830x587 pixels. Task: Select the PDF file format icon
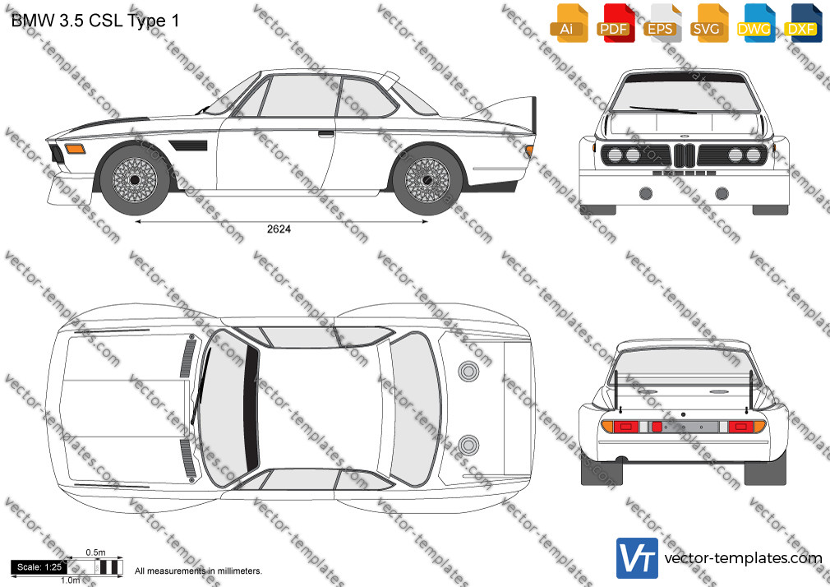click(x=616, y=23)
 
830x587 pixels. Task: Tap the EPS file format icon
click(x=662, y=23)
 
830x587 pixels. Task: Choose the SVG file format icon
click(x=708, y=23)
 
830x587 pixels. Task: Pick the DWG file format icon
click(x=755, y=23)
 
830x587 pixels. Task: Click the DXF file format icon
click(x=803, y=23)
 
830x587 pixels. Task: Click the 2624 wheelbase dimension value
click(x=279, y=229)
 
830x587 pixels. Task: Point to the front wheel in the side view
click(x=135, y=179)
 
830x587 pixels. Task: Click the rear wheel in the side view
click(x=427, y=179)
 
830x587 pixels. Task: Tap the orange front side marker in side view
click(x=75, y=148)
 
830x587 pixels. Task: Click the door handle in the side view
click(x=326, y=133)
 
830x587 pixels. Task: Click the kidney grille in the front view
click(x=684, y=155)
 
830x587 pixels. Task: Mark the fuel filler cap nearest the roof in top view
click(x=468, y=372)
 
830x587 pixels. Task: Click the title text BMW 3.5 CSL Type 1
click(x=95, y=21)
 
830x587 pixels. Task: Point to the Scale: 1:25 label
click(x=39, y=567)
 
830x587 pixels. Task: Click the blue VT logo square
click(x=638, y=558)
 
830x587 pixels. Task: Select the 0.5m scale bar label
click(x=96, y=552)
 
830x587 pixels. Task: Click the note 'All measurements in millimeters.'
click(x=198, y=571)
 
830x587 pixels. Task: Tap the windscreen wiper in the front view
click(x=662, y=110)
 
